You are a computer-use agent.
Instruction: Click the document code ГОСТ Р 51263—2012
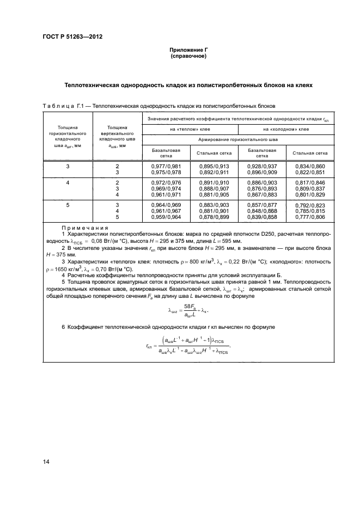72,37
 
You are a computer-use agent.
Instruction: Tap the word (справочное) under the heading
188,56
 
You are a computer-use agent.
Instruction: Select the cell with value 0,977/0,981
166,165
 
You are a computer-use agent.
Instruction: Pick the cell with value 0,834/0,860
310,165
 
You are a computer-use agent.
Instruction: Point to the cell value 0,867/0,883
262,194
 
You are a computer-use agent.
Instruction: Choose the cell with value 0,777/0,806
310,217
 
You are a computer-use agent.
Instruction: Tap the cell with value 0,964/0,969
166,205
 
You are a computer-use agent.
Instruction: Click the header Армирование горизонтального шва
238,140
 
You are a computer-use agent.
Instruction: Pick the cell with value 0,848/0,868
262,211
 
